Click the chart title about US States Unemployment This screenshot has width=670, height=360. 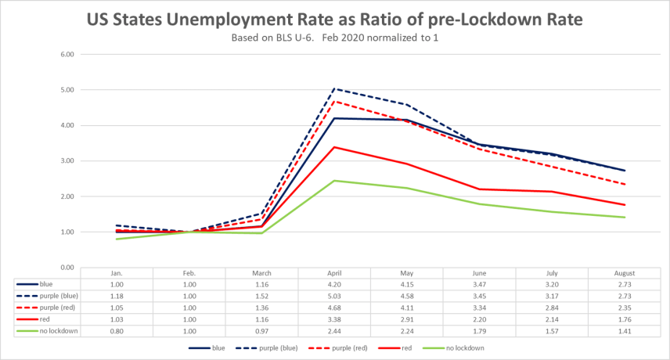[335, 19]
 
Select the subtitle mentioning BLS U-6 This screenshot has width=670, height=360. [335, 38]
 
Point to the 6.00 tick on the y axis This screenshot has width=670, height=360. [67, 55]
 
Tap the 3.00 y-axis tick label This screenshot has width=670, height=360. [67, 161]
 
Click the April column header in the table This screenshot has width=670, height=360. [334, 273]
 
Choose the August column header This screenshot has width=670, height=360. [624, 273]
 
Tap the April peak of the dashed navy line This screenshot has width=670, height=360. [334, 89]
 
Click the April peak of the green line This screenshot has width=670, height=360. [334, 181]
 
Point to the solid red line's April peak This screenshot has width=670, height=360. [334, 147]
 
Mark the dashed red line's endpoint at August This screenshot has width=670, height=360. [624, 184]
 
